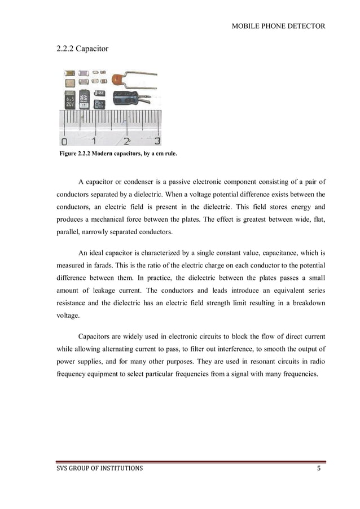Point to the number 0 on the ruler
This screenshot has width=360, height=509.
[x=64, y=141]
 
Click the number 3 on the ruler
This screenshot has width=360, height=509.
[x=157, y=141]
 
